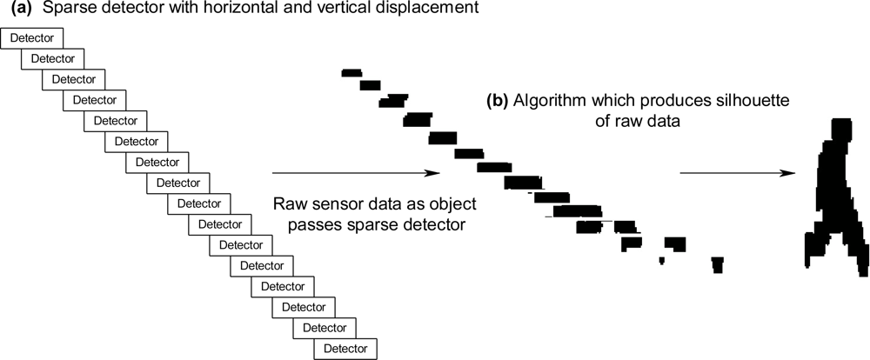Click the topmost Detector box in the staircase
33,38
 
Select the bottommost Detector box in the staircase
346,349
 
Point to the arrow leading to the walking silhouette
736,173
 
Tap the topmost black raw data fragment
351,73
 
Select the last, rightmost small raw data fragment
717,264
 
